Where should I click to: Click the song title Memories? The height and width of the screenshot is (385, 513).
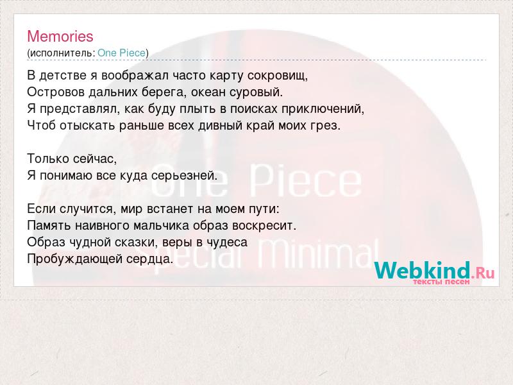point(60,37)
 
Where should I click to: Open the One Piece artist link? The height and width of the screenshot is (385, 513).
point(121,53)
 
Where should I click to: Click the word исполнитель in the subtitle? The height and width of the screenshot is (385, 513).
point(61,53)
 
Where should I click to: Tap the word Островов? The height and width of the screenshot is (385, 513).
point(56,92)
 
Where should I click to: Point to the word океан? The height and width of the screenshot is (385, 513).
point(208,92)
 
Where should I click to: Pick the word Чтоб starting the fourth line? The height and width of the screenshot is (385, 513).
point(42,125)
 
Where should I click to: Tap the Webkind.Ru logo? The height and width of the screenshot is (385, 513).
point(434,270)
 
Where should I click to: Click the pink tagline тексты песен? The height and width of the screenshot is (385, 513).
point(441,282)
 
